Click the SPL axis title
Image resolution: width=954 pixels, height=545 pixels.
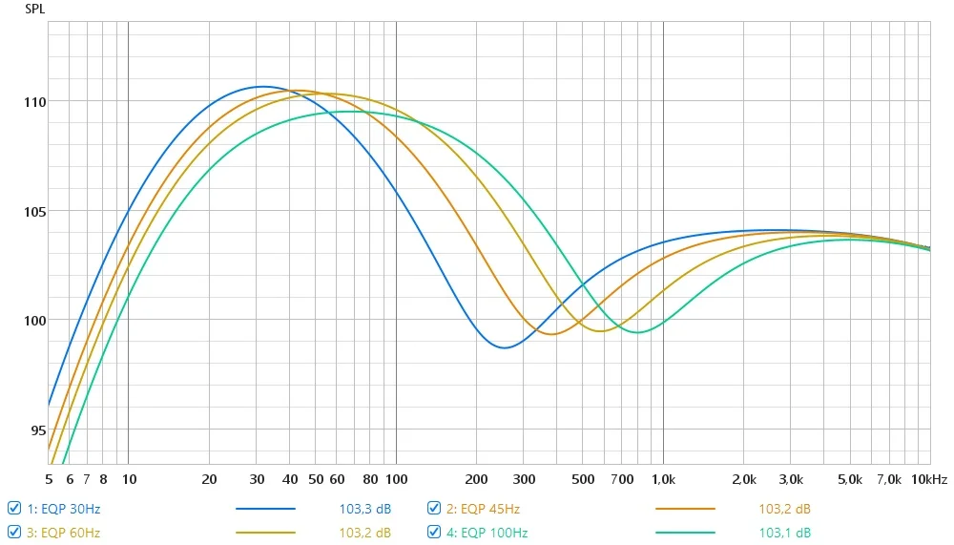34,10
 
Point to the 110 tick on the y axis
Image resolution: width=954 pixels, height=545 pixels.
34,102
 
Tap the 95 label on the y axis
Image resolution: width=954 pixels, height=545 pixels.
38,430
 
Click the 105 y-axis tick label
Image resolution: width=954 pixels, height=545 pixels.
34,211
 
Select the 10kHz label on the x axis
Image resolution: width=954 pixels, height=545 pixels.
929,479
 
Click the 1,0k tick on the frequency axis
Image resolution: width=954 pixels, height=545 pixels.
663,479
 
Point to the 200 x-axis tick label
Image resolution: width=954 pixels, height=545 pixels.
476,479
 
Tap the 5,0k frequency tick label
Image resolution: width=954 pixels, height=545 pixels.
850,479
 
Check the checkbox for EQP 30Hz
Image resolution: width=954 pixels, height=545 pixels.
14,508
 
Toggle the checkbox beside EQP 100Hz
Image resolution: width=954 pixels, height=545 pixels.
434,532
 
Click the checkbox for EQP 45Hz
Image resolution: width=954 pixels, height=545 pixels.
434,508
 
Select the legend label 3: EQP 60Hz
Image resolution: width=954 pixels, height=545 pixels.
63,533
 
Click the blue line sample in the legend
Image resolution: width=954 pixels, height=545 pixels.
265,509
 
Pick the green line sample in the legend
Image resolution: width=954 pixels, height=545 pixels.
685,533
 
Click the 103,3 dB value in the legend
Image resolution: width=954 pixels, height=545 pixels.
365,509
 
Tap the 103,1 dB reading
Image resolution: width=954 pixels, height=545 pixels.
784,533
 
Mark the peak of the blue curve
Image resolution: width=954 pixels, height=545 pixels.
261,87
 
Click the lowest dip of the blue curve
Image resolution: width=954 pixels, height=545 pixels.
505,347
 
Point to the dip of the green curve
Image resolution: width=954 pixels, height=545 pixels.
637,332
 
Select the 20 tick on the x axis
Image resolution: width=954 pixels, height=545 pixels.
209,479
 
